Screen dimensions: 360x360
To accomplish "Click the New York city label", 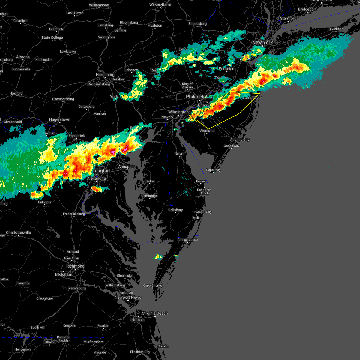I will (x=262, y=42).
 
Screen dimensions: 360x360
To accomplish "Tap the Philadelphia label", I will (x=199, y=97).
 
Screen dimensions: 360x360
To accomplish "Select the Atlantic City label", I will (x=240, y=139).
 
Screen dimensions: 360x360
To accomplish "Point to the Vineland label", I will (x=207, y=130).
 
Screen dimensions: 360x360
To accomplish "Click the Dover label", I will (x=180, y=154).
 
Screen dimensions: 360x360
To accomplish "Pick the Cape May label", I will (x=213, y=170).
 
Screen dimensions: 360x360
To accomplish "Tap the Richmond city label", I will (x=75, y=266).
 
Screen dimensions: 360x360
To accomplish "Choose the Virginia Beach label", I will (x=155, y=313).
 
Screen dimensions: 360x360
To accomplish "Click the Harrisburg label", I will (x=105, y=75).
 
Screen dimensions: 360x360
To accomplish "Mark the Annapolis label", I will (x=127, y=166).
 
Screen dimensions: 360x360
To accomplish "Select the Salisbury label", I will (x=175, y=210).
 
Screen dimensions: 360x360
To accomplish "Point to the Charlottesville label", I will (x=18, y=232).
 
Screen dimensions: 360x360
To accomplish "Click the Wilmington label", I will (x=178, y=112).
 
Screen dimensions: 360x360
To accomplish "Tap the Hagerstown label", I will (x=60, y=119).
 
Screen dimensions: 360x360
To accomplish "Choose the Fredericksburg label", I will (x=74, y=214).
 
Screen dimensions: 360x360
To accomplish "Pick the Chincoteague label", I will (x=187, y=240).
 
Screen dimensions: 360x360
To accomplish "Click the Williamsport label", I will (x=99, y=5).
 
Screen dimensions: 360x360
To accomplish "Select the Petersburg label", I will (x=77, y=288).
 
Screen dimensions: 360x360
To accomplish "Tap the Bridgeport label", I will (x=307, y=10).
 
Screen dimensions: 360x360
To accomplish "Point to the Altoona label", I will (x=23, y=57).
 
